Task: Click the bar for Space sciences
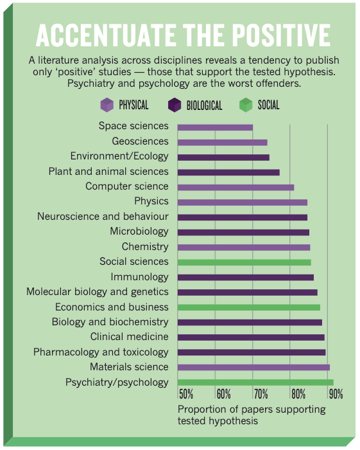click(x=215, y=127)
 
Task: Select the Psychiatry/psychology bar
click(x=255, y=382)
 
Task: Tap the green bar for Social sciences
click(x=244, y=262)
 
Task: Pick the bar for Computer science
click(x=236, y=188)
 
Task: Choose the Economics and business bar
click(x=249, y=307)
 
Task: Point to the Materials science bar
click(x=253, y=368)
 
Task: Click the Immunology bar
click(x=245, y=278)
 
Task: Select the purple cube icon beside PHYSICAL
click(x=107, y=105)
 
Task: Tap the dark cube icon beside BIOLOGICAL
click(x=175, y=105)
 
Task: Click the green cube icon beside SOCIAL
click(x=246, y=105)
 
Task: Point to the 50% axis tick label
click(x=186, y=394)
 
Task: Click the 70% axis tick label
click(x=261, y=394)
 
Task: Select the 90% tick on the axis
click(x=336, y=394)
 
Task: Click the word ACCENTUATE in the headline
click(x=107, y=35)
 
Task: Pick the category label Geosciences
click(x=140, y=141)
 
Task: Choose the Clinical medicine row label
click(x=130, y=337)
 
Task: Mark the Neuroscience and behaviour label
click(x=103, y=217)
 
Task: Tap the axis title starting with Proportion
click(x=252, y=415)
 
